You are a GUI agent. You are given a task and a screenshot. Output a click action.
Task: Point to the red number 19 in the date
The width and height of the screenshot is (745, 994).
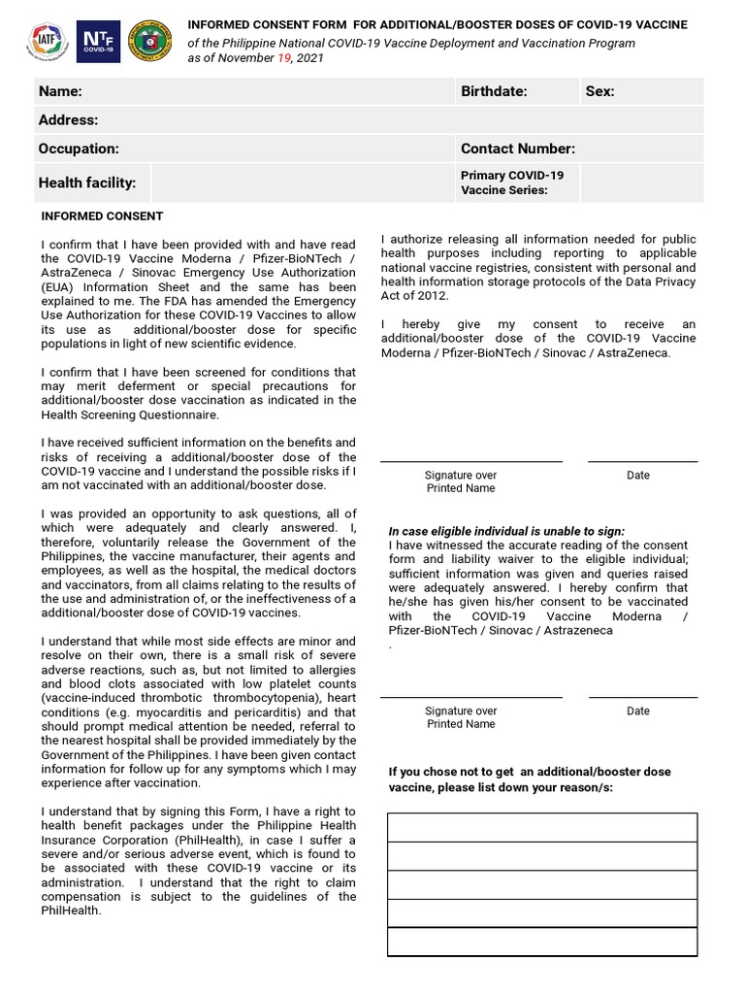point(285,58)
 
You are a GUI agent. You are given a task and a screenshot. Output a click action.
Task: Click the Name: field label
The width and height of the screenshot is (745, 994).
point(60,91)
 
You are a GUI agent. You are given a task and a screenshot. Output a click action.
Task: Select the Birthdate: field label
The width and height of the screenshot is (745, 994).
point(494,91)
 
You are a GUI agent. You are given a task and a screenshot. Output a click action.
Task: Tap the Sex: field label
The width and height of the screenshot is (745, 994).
point(599,91)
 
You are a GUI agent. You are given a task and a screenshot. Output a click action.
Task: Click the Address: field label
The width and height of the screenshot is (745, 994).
point(68,120)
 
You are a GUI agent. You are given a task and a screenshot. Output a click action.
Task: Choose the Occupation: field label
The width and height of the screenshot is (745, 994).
point(79,149)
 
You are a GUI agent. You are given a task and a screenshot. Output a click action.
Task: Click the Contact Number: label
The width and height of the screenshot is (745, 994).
point(518,149)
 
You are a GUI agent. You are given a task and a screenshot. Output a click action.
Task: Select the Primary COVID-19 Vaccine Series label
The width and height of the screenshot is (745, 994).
point(512,182)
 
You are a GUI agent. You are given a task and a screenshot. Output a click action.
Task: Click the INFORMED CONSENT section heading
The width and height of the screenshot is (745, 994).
point(102,216)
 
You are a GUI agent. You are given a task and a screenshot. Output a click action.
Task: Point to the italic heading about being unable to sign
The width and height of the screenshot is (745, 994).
point(506,531)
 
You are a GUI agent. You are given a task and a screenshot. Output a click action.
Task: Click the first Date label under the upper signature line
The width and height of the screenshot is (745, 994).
point(638,476)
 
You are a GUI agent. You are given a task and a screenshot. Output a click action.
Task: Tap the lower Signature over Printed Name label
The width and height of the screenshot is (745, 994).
point(461,717)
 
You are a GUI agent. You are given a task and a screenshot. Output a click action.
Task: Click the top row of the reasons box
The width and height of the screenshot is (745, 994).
point(542,827)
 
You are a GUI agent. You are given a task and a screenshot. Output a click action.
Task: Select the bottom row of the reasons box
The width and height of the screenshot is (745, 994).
point(542,943)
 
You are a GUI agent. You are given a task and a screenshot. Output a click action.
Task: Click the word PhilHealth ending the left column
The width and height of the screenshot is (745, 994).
point(71,911)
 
